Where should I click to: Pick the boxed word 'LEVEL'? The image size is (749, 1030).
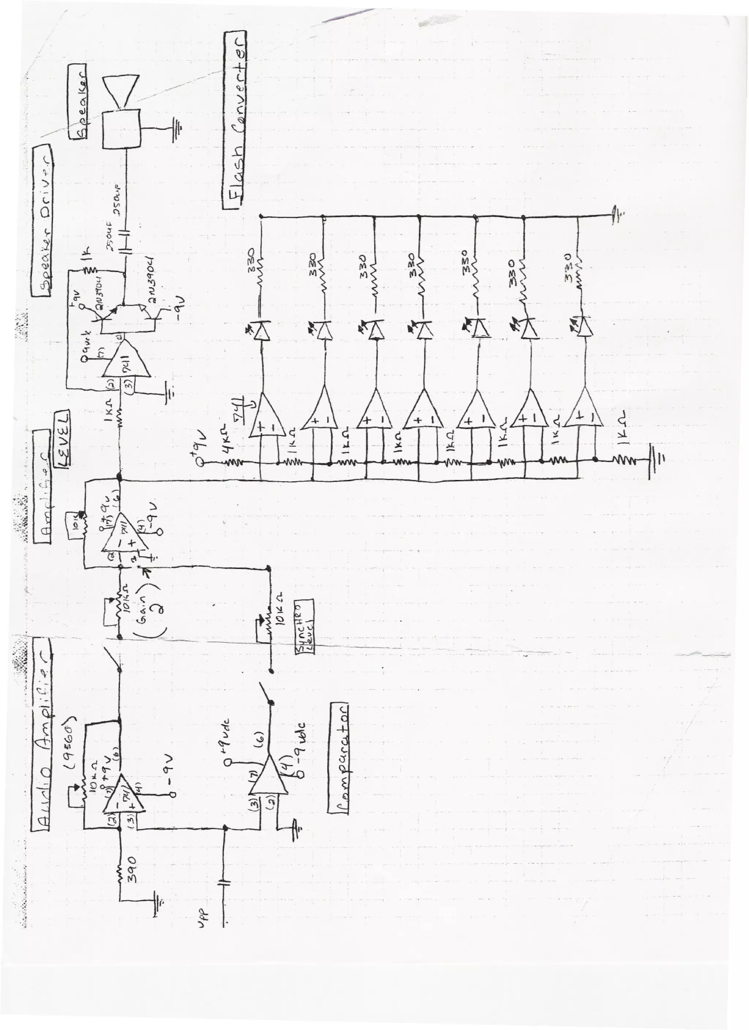pyautogui.click(x=62, y=439)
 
